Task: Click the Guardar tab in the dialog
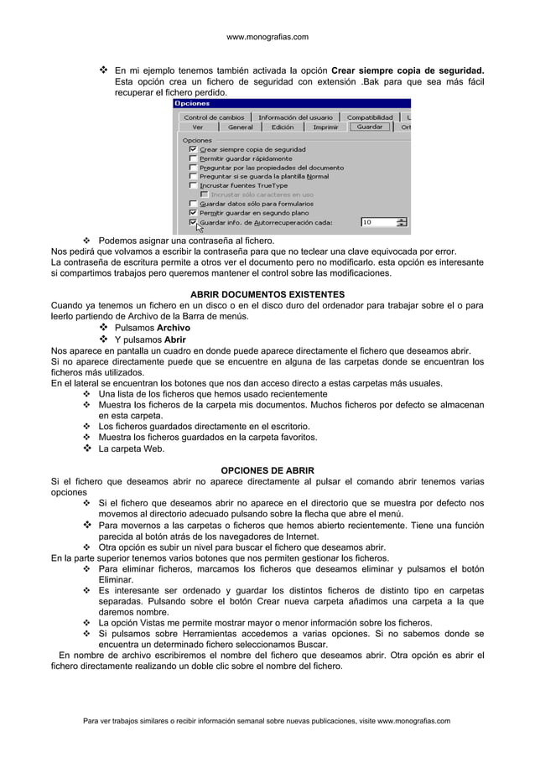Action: pyautogui.click(x=370, y=127)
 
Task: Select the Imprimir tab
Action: pyautogui.click(x=325, y=127)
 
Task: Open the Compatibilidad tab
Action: pyautogui.click(x=370, y=117)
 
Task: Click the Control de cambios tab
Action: pyautogui.click(x=214, y=117)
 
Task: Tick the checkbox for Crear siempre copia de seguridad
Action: pyautogui.click(x=194, y=149)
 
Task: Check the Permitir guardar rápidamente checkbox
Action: pyautogui.click(x=194, y=158)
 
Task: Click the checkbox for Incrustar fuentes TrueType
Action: pyautogui.click(x=194, y=185)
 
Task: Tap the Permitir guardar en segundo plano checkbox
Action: pyautogui.click(x=194, y=213)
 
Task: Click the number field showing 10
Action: pyautogui.click(x=377, y=223)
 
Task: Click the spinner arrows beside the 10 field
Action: pyautogui.click(x=401, y=223)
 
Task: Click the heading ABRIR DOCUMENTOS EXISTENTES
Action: pyautogui.click(x=267, y=295)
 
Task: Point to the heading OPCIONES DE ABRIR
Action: pyautogui.click(x=267, y=469)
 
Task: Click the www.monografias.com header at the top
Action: pyautogui.click(x=267, y=37)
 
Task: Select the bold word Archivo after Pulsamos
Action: pyautogui.click(x=173, y=328)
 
